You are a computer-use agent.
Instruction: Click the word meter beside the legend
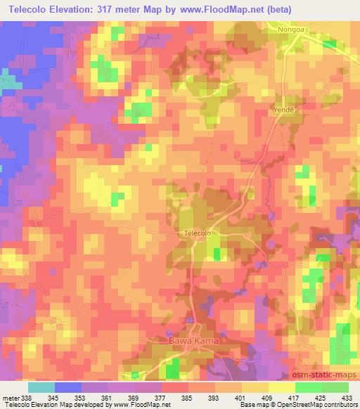coord(10,397)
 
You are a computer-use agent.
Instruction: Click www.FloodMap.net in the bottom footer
coord(141,405)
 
